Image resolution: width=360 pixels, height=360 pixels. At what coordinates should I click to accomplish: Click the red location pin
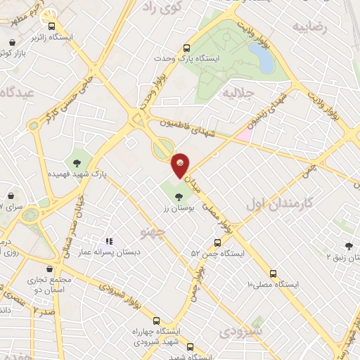(x=180, y=164)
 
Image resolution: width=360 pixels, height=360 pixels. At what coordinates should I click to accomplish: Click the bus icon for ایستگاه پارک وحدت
(x=186, y=48)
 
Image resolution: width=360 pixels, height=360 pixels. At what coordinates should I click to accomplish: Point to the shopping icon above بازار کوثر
(x=12, y=42)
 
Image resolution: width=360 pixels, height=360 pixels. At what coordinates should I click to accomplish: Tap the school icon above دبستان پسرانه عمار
(x=110, y=240)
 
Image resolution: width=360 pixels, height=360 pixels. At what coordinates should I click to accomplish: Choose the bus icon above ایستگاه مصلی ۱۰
(x=273, y=274)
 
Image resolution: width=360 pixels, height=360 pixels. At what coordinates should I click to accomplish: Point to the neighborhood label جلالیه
(x=236, y=92)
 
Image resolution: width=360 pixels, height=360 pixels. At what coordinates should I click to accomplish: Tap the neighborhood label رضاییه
(x=311, y=27)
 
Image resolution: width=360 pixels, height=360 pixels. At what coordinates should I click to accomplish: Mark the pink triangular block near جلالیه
(x=243, y=133)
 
